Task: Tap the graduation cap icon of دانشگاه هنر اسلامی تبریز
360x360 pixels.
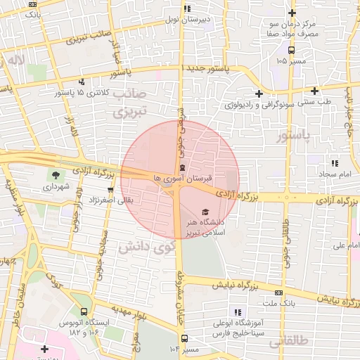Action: pyautogui.click(x=205, y=212)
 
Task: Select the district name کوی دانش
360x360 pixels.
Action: pyautogui.click(x=146, y=247)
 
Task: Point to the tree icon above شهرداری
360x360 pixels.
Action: pyautogui.click(x=55, y=175)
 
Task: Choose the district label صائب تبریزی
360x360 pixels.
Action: pyautogui.click(x=130, y=102)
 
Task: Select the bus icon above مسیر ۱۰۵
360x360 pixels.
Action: pyautogui.click(x=291, y=50)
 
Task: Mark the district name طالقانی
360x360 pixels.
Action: pyautogui.click(x=289, y=340)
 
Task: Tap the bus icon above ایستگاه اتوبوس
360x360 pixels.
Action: pyautogui.click(x=84, y=311)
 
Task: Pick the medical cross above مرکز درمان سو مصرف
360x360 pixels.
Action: pyautogui.click(x=292, y=13)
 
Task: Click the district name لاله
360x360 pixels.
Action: pyautogui.click(x=15, y=61)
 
